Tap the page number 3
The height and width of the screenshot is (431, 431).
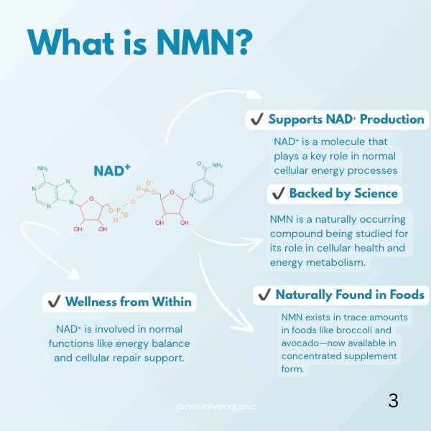click(x=393, y=401)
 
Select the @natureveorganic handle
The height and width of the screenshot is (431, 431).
click(x=215, y=407)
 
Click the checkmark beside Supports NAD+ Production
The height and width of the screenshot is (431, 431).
click(x=256, y=119)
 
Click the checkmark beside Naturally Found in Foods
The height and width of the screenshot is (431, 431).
click(x=264, y=295)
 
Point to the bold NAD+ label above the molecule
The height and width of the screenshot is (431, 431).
click(x=112, y=170)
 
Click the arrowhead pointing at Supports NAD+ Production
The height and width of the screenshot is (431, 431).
click(x=254, y=94)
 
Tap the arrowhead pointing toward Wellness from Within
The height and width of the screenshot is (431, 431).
click(x=73, y=274)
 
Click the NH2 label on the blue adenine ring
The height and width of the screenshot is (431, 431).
click(x=43, y=170)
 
